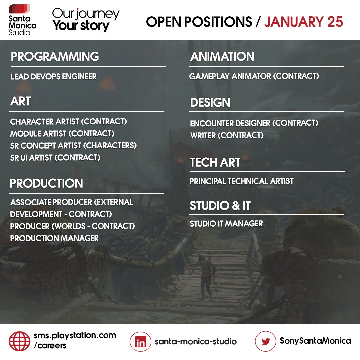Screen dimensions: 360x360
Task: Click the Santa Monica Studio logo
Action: pyautogui.click(x=23, y=20)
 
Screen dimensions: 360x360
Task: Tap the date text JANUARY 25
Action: pyautogui.click(x=303, y=22)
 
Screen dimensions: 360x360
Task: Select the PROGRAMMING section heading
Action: pyautogui.click(x=55, y=57)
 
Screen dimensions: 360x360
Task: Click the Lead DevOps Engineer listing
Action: pyautogui.click(x=54, y=77)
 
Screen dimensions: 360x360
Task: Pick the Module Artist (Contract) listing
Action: pyautogui.click(x=62, y=134)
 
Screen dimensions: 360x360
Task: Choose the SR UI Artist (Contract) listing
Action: pyautogui.click(x=55, y=158)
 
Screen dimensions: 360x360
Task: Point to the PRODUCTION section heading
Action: pyautogui.click(x=46, y=183)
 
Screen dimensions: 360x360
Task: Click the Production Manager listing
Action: pyautogui.click(x=54, y=238)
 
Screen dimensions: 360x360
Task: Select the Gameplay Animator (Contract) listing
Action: pyautogui.click(x=254, y=76)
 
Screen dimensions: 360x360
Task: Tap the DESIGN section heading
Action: pyautogui.click(x=210, y=103)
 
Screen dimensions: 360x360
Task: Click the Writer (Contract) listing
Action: pyautogui.click(x=227, y=135)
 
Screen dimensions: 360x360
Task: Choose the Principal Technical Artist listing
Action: pyautogui.click(x=242, y=181)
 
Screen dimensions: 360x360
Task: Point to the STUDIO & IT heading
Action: pyautogui.click(x=220, y=206)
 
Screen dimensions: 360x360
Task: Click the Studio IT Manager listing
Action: pyautogui.click(x=226, y=224)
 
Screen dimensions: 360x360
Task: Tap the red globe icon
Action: pyautogui.click(x=19, y=341)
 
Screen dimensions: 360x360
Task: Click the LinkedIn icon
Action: pyautogui.click(x=141, y=342)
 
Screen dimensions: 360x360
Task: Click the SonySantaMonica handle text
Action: pyautogui.click(x=315, y=341)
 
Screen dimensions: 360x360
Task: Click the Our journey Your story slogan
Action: pyautogui.click(x=86, y=20)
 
